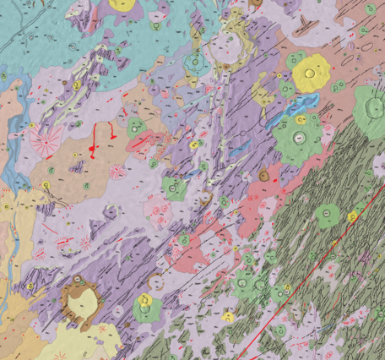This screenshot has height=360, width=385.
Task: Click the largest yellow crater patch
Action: (312, 74)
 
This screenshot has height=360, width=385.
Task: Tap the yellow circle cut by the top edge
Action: (122, 4)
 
